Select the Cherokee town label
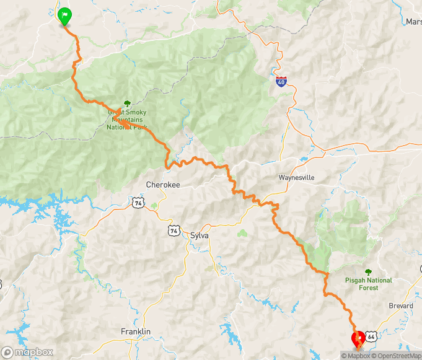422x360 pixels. tap(162, 185)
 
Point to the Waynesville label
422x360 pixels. tap(296, 177)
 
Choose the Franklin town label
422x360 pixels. tap(136, 332)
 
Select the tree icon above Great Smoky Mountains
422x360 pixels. tap(127, 102)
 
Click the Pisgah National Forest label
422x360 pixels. tap(369, 284)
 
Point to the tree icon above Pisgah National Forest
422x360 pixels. tap(369, 271)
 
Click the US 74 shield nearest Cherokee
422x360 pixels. tap(137, 201)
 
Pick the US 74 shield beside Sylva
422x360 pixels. tap(173, 230)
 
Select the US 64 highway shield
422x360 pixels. tap(371, 336)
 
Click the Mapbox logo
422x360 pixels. tap(27, 353)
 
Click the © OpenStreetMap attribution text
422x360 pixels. tap(397, 356)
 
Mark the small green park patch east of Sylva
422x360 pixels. tap(242, 234)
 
